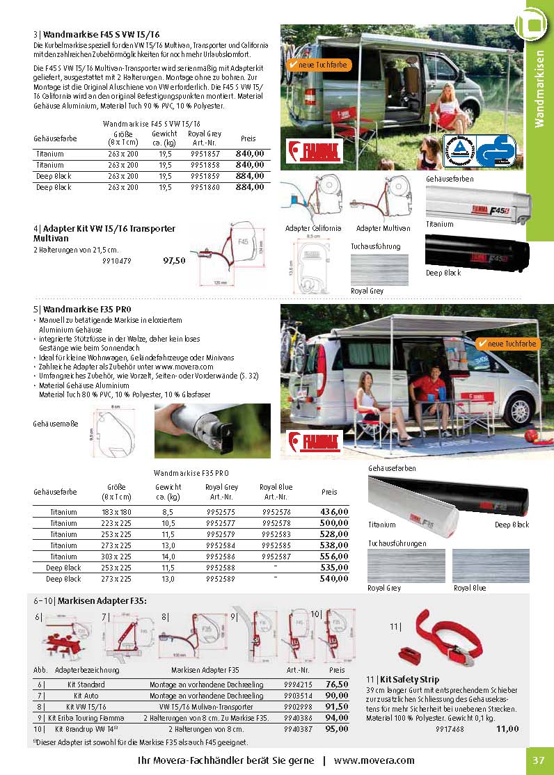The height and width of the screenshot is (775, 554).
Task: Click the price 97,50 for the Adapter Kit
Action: (174, 261)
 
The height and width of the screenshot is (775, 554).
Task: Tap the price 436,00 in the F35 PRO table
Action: (334, 512)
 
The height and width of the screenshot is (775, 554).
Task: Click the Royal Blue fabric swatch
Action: (481, 566)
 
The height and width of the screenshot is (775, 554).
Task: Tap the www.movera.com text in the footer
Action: (374, 760)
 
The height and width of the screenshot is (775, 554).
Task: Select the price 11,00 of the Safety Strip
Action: (507, 728)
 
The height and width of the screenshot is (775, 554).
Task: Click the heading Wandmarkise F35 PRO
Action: (87, 309)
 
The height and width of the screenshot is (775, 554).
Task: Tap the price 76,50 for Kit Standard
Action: (337, 684)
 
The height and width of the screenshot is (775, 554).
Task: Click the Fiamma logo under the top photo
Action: (308, 150)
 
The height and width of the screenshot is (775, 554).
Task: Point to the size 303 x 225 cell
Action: (117, 557)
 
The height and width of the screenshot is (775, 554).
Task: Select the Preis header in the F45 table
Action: (248, 138)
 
